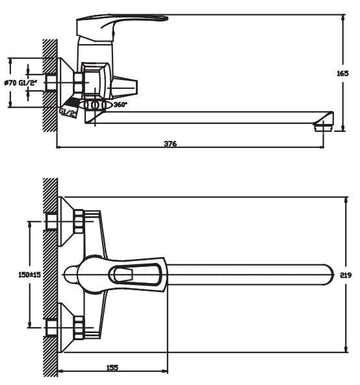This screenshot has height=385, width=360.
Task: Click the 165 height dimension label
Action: [x=342, y=73]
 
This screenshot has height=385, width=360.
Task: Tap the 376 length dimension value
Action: [x=170, y=143]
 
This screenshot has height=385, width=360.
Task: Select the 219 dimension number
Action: [x=346, y=275]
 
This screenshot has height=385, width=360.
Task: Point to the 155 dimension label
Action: [x=112, y=367]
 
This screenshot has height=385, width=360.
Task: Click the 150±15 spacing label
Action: [x=29, y=275]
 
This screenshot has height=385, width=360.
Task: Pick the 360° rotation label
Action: [x=120, y=105]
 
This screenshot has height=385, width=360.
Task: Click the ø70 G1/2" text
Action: [x=21, y=82]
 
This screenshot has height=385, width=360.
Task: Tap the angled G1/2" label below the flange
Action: [x=68, y=112]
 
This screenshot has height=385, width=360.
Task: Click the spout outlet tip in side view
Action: [x=323, y=128]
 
